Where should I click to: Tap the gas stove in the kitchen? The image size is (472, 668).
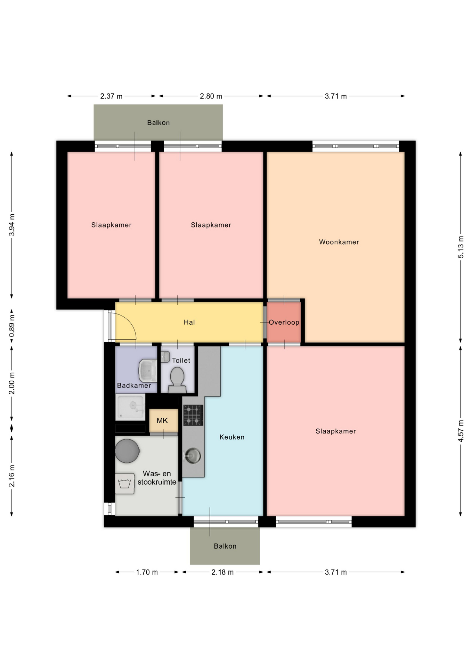193,415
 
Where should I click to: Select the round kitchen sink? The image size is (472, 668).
193,455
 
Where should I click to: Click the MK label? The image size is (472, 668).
162,421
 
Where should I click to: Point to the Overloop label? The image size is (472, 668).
284,322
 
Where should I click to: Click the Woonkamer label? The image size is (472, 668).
339,242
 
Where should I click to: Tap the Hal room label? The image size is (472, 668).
189,322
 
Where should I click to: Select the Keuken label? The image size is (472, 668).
232,437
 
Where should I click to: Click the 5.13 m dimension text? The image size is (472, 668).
461,247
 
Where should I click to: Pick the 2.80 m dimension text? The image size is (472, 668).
211,96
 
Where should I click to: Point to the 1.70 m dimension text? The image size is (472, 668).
147,572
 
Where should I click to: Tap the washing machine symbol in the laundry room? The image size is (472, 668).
125,484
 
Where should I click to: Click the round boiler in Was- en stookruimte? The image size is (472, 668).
127,451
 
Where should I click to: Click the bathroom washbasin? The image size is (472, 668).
148,371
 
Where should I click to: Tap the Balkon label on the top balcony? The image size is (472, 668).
158,122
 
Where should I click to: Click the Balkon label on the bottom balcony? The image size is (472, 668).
225,546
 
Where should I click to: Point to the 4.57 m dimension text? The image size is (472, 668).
461,431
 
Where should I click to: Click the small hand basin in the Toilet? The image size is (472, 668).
165,357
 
